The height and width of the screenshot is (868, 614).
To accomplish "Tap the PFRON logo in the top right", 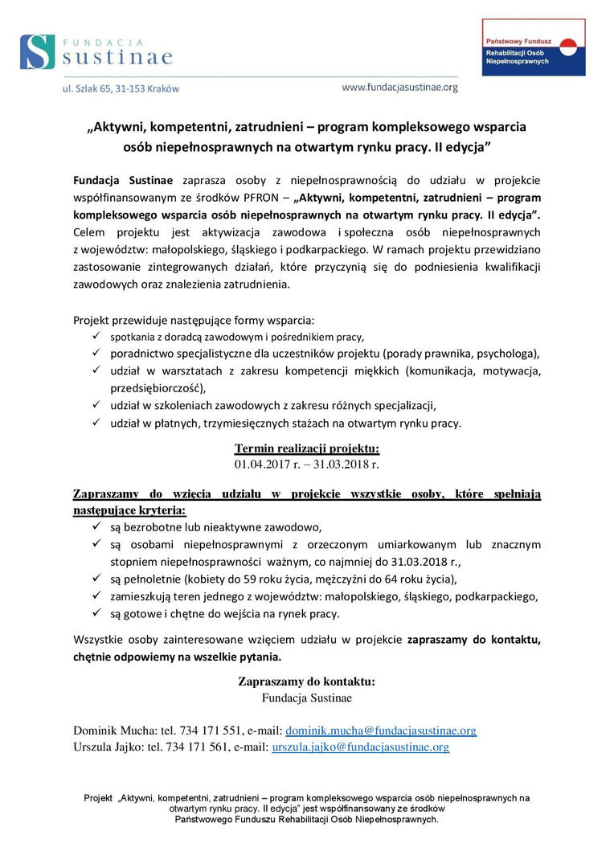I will [534, 47].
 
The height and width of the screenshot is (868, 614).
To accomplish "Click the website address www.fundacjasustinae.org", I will [399, 87].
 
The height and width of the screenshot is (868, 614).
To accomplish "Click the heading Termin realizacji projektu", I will [307, 448].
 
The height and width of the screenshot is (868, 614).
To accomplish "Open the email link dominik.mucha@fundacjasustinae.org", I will [381, 731].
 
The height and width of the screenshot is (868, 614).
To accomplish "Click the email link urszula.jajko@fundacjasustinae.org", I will [360, 747].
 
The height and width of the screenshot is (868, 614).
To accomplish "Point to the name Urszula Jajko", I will [104, 747].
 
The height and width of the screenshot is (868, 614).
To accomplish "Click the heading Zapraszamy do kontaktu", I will [307, 682].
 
